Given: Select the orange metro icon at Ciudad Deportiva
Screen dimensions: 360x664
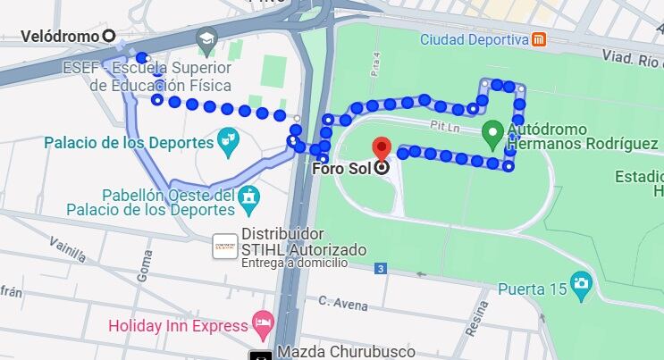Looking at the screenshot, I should (x=539, y=38).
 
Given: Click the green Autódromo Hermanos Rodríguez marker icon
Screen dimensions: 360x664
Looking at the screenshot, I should (x=491, y=135).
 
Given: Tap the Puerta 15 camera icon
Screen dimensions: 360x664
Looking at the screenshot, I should (x=582, y=287).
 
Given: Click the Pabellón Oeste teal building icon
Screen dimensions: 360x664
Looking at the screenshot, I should (x=249, y=196).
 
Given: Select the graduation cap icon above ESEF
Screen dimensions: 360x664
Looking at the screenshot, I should (x=208, y=38).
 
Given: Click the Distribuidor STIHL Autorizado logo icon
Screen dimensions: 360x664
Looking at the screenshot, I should (x=224, y=247).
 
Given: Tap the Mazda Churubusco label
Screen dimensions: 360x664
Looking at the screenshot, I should (x=334, y=351).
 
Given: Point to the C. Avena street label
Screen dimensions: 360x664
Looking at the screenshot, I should (x=342, y=304).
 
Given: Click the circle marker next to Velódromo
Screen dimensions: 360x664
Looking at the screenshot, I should (x=110, y=36).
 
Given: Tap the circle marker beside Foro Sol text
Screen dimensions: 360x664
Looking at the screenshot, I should (x=382, y=167).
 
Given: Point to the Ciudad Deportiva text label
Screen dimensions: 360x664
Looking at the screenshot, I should (x=474, y=39).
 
